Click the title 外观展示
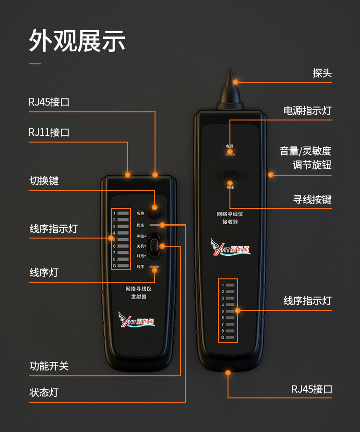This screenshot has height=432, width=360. [x=77, y=41]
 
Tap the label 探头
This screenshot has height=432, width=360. [x=322, y=73]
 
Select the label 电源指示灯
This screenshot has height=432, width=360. [x=307, y=111]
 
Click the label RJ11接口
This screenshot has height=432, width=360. [x=49, y=132]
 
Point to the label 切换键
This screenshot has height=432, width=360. [x=44, y=181]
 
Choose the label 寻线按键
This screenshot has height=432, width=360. [x=312, y=199]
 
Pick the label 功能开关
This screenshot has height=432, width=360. [x=49, y=366]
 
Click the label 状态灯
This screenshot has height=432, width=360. [x=44, y=393]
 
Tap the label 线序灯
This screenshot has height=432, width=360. [x=44, y=272]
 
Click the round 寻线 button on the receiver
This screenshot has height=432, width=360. [x=230, y=175]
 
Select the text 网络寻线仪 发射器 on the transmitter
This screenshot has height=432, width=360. [x=139, y=293]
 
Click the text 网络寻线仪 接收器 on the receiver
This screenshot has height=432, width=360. [x=230, y=218]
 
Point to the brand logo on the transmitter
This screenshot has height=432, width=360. [x=137, y=320]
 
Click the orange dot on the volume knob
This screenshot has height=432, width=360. [x=271, y=175]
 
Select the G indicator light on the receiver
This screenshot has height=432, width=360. [x=230, y=338]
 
